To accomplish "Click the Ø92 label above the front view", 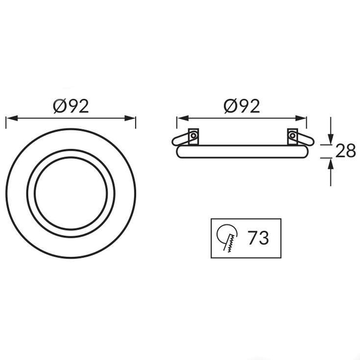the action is (71, 106).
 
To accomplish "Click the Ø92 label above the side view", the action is (242, 106).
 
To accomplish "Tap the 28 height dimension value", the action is (346, 151).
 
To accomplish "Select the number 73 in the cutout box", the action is (258, 238).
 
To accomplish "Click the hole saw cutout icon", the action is (227, 238).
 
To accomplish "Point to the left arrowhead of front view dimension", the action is (12, 118).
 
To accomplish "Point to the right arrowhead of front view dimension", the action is (130, 118).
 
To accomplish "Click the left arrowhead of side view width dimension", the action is (183, 118).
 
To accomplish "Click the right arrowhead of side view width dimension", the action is (301, 118).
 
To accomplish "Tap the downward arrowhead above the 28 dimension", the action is (331, 139).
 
